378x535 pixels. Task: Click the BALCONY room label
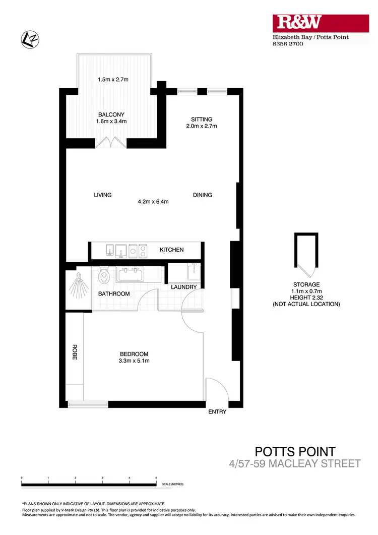pos(111,114)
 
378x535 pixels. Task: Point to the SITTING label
pos(201,120)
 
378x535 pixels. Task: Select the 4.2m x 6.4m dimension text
pos(153,202)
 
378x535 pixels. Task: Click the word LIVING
pos(102,195)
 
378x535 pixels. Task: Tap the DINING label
pos(202,195)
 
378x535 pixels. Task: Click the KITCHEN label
pos(172,250)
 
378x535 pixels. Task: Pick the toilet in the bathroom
pos(104,275)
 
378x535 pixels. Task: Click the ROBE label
pos(74,351)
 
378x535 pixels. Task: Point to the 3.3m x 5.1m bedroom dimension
pos(134,361)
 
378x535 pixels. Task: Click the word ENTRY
pos(217,412)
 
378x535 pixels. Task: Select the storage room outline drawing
pos(306,254)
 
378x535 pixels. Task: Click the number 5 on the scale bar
pos(156,477)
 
